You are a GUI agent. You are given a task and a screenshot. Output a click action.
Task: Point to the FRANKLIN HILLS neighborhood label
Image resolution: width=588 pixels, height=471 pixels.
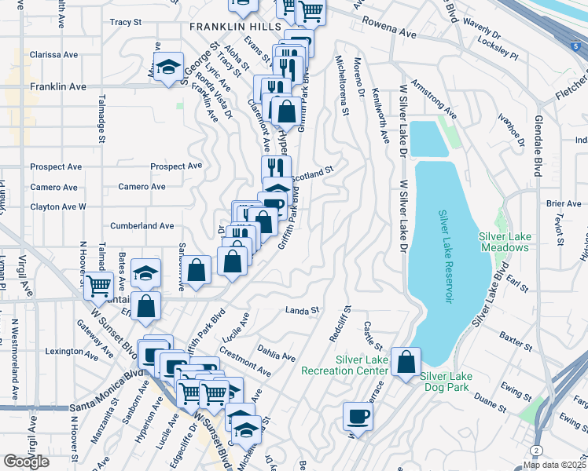235,27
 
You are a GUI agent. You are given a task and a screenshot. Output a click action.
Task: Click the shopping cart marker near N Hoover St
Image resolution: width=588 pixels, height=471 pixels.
99,285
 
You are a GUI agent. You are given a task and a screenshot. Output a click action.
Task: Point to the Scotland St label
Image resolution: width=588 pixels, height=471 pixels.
314,172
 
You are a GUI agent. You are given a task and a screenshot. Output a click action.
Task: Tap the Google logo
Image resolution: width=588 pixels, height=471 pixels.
26,462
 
